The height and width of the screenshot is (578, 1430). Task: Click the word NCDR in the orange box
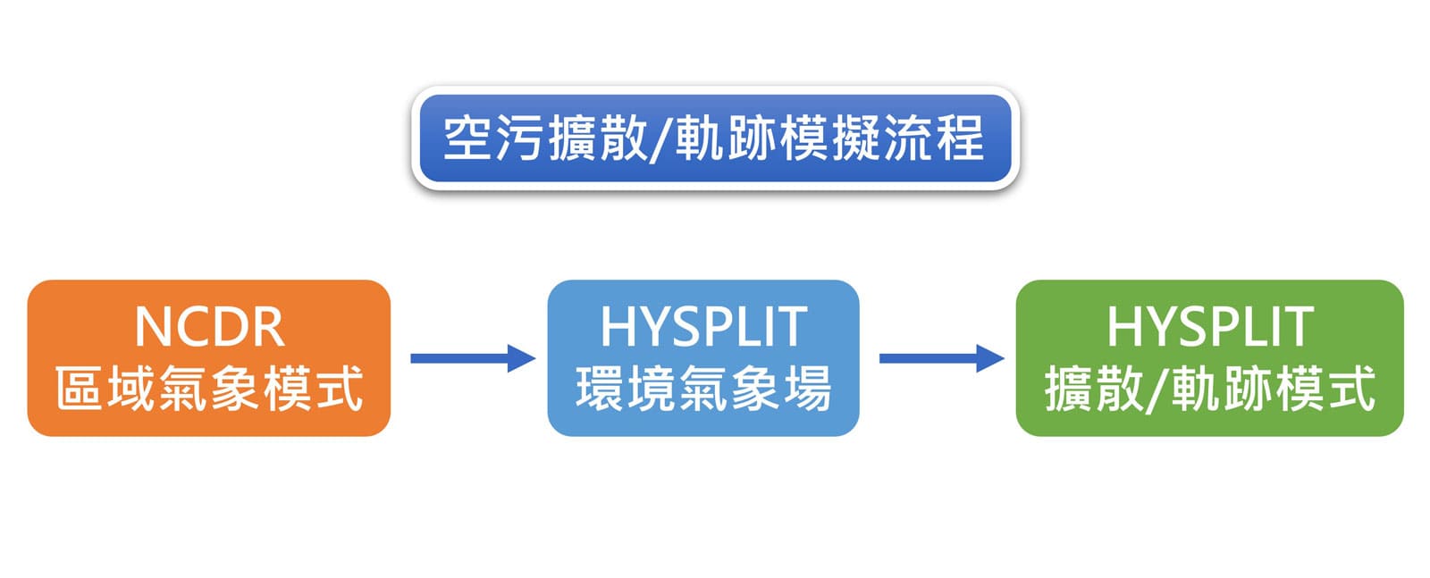tap(209, 327)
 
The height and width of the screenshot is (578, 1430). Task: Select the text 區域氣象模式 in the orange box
tap(209, 390)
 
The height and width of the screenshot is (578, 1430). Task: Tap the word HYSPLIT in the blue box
tap(703, 327)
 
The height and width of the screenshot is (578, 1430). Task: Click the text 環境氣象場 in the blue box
tap(703, 390)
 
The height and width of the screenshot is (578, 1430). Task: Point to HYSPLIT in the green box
tap(1209, 327)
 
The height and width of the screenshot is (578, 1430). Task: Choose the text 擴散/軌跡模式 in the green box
tap(1209, 390)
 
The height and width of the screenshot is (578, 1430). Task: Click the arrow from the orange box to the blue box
tap(472, 358)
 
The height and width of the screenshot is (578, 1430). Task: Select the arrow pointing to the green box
tap(941, 358)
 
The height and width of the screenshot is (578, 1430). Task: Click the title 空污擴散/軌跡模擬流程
tap(714, 139)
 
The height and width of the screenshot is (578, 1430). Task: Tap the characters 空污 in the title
tap(493, 139)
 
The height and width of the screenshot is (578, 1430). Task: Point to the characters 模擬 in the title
tap(829, 139)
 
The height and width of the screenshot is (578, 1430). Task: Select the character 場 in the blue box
tap(807, 390)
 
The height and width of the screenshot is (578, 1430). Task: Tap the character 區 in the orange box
tap(80, 390)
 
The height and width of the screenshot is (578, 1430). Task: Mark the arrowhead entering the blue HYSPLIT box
tap(522, 358)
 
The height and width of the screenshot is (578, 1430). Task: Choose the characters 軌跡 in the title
tap(725, 139)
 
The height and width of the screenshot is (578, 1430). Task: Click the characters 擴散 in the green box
tap(1096, 390)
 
